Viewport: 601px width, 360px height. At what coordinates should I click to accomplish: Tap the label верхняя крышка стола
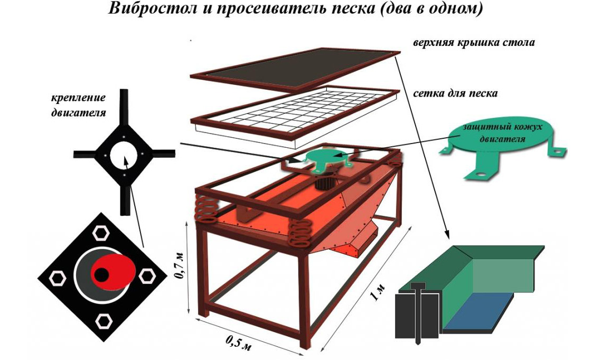(474, 42)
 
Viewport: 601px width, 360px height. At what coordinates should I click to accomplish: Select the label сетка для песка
(455, 93)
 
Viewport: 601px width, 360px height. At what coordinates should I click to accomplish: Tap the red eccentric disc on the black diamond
(114, 271)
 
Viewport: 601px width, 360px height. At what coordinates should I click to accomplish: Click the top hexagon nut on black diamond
(101, 233)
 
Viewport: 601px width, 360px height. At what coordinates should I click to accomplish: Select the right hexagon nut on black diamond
(147, 276)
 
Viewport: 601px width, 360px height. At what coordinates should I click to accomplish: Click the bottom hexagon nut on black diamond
(104, 321)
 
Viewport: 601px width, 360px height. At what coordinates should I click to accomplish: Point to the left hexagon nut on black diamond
(58, 278)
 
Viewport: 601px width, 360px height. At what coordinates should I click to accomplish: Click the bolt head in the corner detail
(417, 286)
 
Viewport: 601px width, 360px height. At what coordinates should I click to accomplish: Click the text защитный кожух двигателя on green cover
(502, 132)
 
